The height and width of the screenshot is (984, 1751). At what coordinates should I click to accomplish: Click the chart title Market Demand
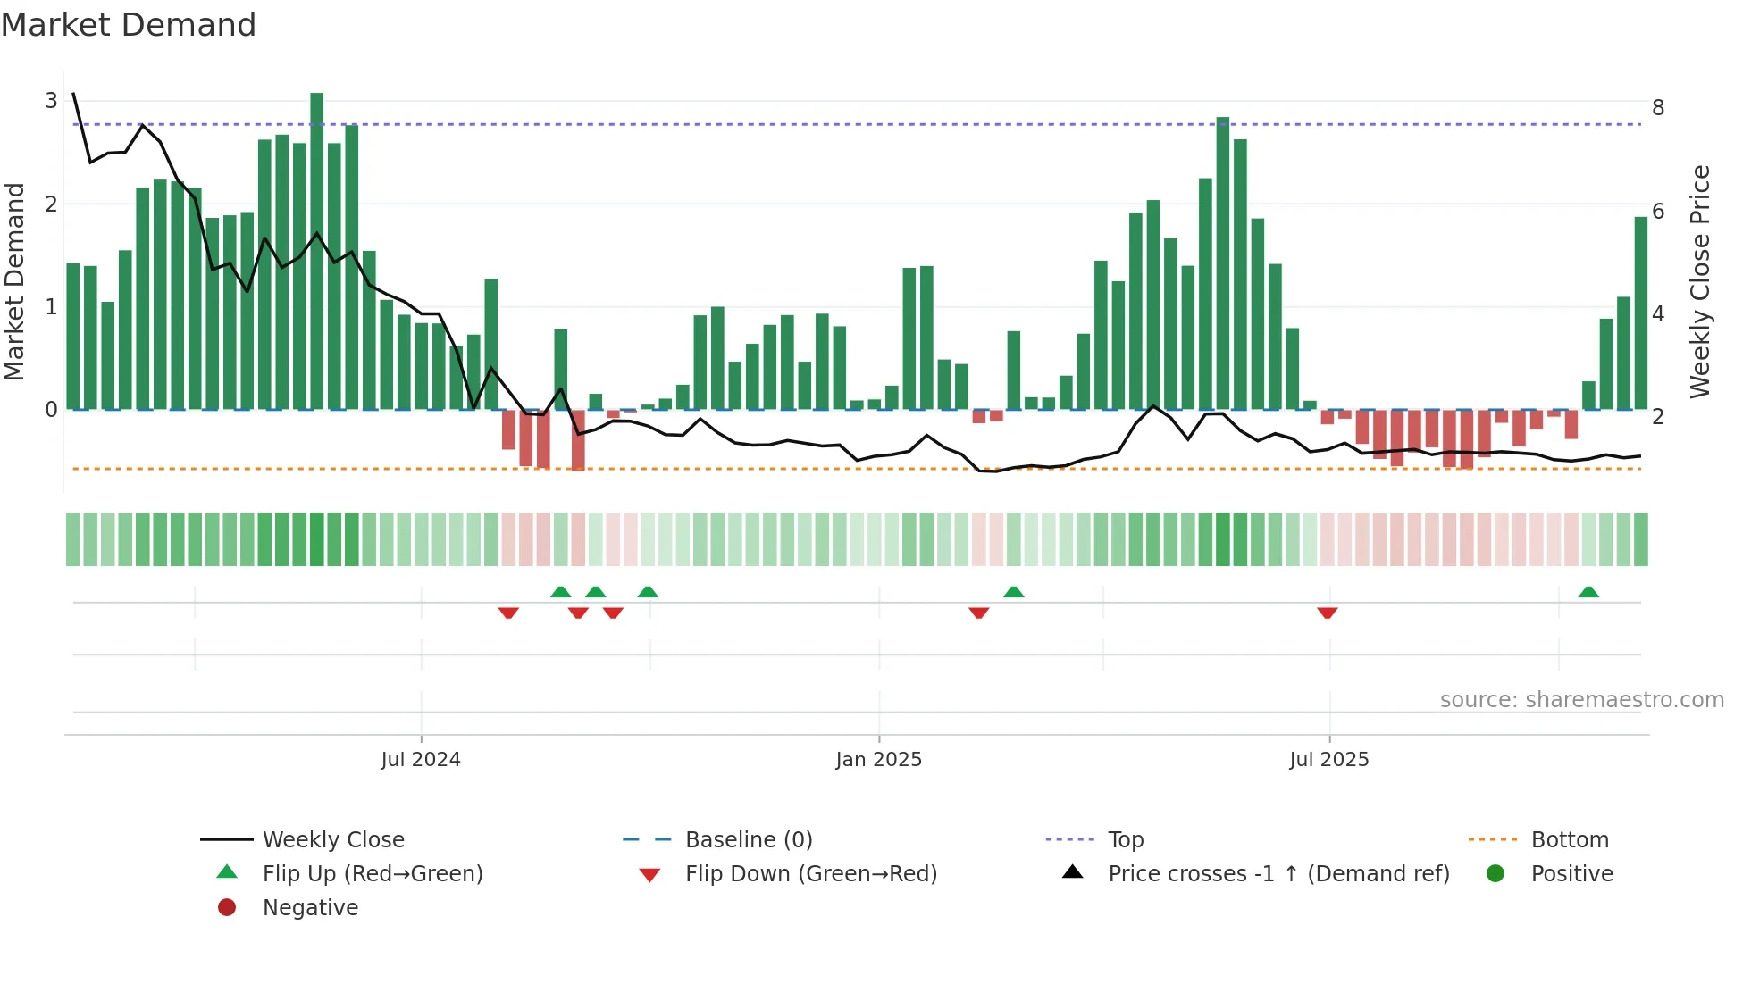point(129,25)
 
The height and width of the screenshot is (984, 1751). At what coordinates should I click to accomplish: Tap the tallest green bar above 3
point(317,250)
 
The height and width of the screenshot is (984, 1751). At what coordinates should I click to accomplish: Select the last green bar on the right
point(1641,313)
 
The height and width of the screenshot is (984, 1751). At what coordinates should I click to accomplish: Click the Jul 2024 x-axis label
point(421,760)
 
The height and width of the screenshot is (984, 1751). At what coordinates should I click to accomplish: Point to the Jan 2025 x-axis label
point(879,760)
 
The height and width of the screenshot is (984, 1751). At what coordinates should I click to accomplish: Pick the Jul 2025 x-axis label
point(1329,760)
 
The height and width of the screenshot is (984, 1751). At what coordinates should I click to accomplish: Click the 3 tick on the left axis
point(51,101)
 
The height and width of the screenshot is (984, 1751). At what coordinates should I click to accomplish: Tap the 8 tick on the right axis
point(1658,108)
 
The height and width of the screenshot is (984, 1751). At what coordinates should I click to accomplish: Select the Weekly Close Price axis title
point(1700,281)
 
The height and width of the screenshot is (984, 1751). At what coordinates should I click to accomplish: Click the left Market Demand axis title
point(14,281)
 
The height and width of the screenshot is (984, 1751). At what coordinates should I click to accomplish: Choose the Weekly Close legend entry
point(333,840)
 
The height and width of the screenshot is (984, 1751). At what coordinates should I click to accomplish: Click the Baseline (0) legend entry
point(749,840)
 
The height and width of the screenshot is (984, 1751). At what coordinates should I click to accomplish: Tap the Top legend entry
point(1126,840)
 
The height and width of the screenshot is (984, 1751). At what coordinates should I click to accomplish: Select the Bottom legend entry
point(1570,840)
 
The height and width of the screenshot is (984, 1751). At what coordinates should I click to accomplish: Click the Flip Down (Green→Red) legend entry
point(811,874)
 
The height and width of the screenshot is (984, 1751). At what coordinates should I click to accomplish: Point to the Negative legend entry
point(310,908)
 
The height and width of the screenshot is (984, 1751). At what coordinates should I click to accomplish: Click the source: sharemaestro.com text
point(1582,700)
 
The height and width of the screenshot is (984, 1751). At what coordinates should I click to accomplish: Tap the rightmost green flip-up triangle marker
point(1588,592)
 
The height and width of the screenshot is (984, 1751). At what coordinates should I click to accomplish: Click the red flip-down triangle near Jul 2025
point(1328,613)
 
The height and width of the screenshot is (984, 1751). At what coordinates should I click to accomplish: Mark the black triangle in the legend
point(1073,872)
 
